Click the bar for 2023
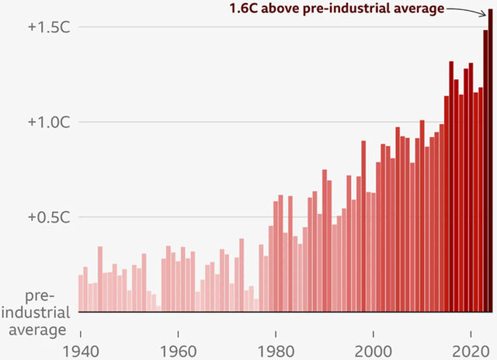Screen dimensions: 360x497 tap(486, 171)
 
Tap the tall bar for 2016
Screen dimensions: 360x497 tap(451, 186)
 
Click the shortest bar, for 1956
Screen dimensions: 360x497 tap(158, 309)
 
